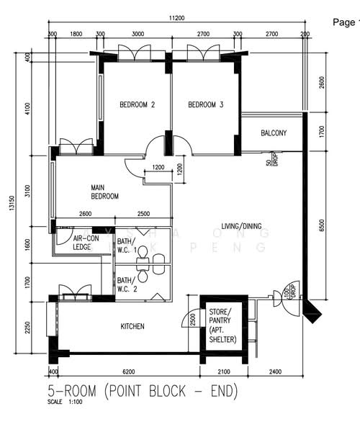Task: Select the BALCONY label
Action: [274, 132]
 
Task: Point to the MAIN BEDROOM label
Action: [104, 191]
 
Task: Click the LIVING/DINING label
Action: [241, 226]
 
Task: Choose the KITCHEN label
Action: [132, 326]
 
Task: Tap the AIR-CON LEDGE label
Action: [86, 242]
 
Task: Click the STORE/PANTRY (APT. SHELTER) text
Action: [222, 325]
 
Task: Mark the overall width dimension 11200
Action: [179, 17]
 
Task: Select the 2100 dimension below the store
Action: [223, 372]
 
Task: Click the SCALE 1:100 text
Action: [65, 402]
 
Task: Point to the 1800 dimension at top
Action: [75, 33]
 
